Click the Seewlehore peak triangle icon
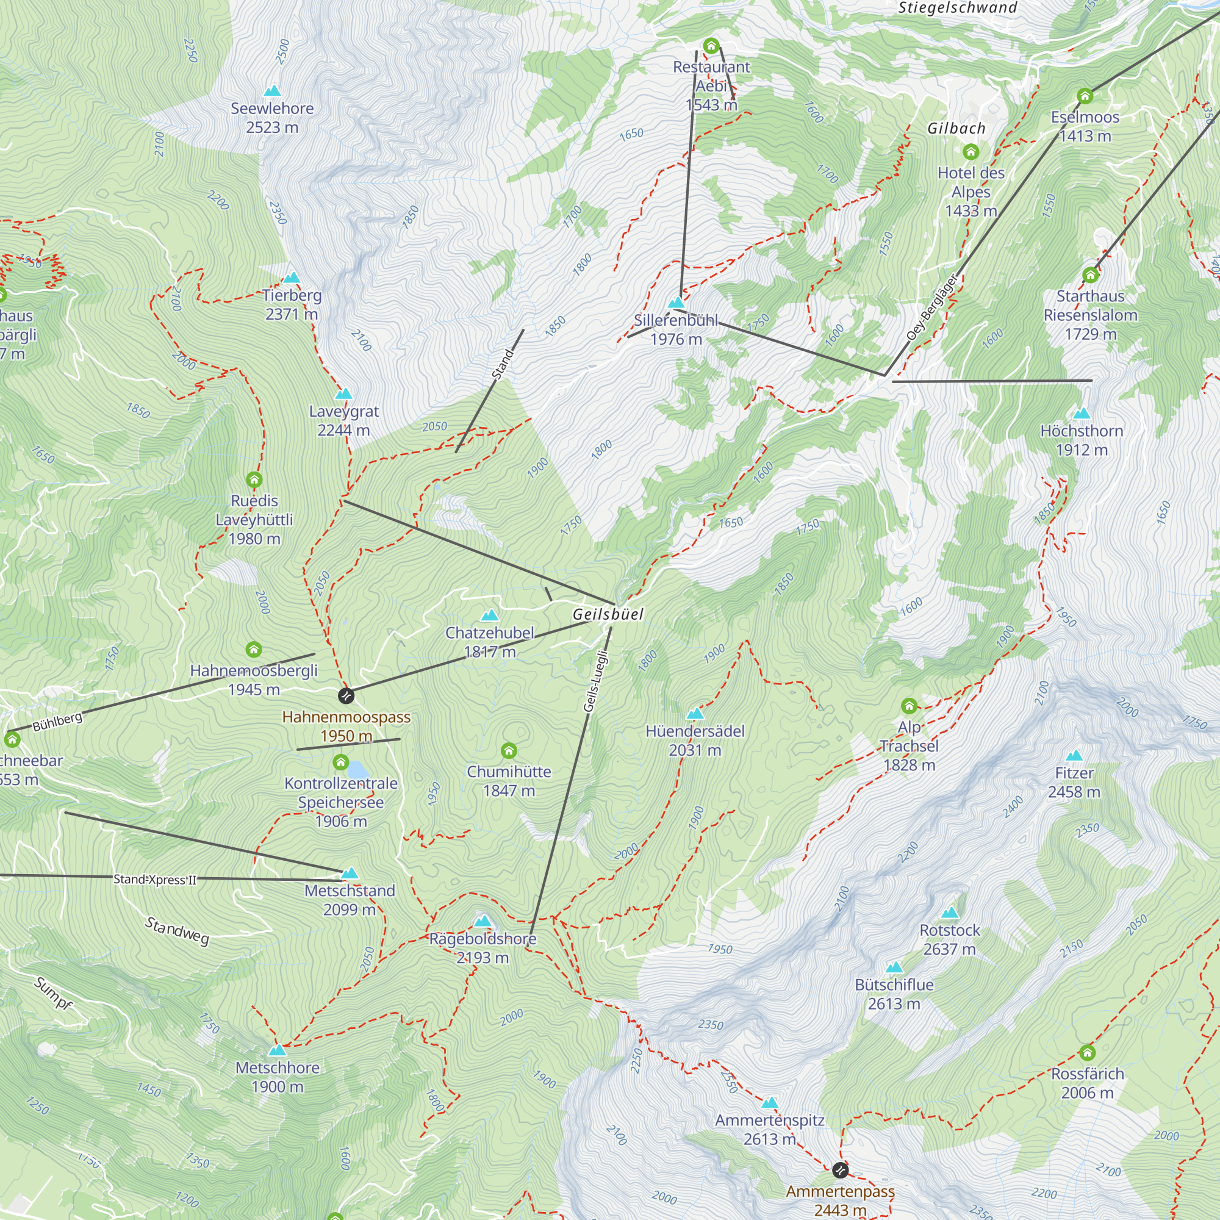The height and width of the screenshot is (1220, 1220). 272,91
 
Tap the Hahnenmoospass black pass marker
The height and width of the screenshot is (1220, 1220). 346,696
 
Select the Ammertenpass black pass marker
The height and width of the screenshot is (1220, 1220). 840,1170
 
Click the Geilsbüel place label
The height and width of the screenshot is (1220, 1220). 608,614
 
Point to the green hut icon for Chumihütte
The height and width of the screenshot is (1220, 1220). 509,750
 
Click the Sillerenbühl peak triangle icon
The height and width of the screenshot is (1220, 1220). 676,303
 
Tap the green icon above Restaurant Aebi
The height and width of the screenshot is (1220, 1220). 711,46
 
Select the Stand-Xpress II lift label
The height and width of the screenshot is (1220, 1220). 155,879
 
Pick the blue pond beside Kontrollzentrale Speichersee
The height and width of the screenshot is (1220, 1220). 358,770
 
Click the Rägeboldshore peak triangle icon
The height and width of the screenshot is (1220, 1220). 483,920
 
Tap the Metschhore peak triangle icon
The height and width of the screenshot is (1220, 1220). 277,1050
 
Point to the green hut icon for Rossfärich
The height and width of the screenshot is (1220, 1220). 1087,1052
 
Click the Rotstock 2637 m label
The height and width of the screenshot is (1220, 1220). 950,939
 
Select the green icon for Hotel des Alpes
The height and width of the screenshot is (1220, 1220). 971,151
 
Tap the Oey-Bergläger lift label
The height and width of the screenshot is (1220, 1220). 932,307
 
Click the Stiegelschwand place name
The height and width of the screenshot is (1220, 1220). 957,7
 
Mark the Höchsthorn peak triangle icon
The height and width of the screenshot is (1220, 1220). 1082,414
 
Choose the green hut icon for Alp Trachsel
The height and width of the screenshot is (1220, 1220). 909,705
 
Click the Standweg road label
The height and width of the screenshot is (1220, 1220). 177,931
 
